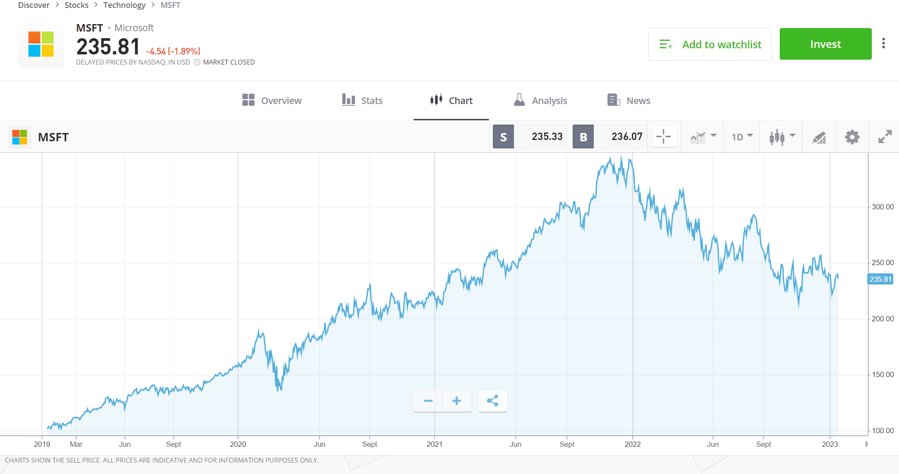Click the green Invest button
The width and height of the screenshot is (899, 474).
point(825,44)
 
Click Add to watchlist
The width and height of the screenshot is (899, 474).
point(710,44)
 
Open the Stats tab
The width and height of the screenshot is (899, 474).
point(362,101)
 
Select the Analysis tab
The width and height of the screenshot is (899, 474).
point(540,101)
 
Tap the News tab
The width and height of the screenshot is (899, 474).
point(628,101)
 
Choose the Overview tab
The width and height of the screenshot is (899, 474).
point(272,101)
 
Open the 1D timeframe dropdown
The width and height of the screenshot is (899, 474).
point(742,137)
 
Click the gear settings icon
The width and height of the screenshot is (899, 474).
point(852,137)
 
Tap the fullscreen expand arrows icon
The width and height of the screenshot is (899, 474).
point(885,137)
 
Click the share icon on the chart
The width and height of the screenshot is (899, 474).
point(492,401)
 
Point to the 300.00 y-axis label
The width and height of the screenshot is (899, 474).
point(882,207)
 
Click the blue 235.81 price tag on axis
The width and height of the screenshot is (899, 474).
point(880,279)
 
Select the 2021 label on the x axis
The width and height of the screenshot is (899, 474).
point(434,444)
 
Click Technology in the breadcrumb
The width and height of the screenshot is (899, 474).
point(124,5)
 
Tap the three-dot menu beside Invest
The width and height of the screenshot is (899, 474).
point(883,43)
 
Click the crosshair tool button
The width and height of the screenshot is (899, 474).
point(664,137)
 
